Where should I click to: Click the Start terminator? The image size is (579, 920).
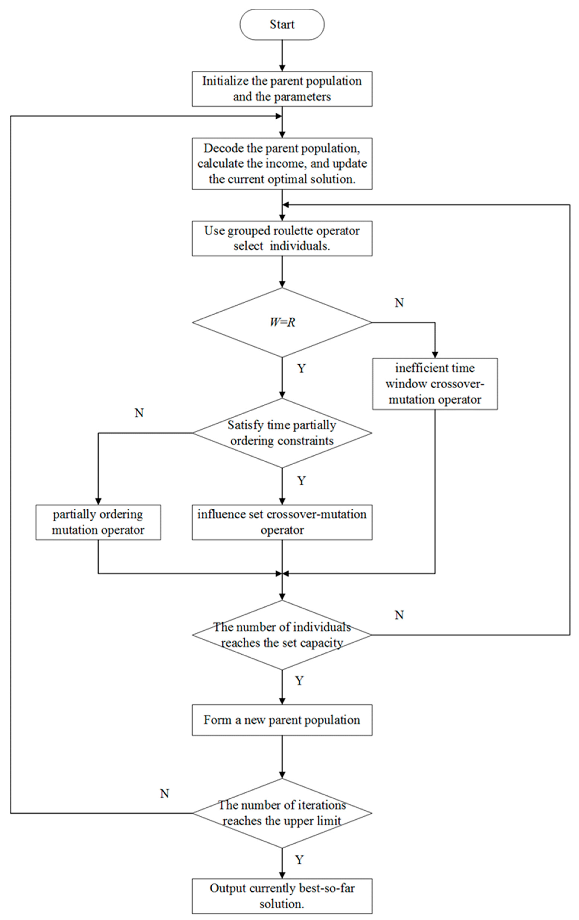[282, 24]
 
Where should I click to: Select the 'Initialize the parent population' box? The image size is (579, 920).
[282, 89]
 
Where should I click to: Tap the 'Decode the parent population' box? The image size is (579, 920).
[282, 163]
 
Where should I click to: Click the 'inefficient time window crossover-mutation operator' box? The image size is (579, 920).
[435, 384]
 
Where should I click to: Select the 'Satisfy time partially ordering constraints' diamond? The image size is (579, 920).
[282, 433]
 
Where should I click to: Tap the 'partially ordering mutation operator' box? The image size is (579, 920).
[98, 522]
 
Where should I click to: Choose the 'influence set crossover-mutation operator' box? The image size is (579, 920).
[282, 522]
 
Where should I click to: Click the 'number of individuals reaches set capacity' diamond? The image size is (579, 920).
[282, 635]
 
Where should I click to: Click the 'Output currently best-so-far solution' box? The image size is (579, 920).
[282, 896]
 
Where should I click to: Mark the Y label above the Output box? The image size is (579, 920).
[299, 860]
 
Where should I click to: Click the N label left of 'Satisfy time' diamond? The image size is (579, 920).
[139, 413]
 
